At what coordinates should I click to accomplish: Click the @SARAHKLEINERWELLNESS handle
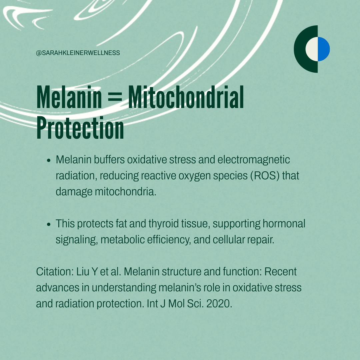click(78, 53)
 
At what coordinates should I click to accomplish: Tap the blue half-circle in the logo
click(324, 49)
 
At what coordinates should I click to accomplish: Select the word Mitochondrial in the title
click(186, 97)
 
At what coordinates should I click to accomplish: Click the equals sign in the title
click(115, 97)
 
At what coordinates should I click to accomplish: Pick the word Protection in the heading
click(80, 128)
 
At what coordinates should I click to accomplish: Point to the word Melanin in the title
click(69, 97)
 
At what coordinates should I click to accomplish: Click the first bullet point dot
click(48, 160)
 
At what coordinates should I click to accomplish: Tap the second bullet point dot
click(48, 224)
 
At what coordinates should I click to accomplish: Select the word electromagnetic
click(253, 160)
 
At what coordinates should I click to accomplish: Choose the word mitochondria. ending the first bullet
click(126, 191)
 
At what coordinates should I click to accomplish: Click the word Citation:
click(55, 272)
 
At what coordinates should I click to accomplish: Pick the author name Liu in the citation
click(83, 272)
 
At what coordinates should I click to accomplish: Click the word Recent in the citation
click(280, 272)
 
